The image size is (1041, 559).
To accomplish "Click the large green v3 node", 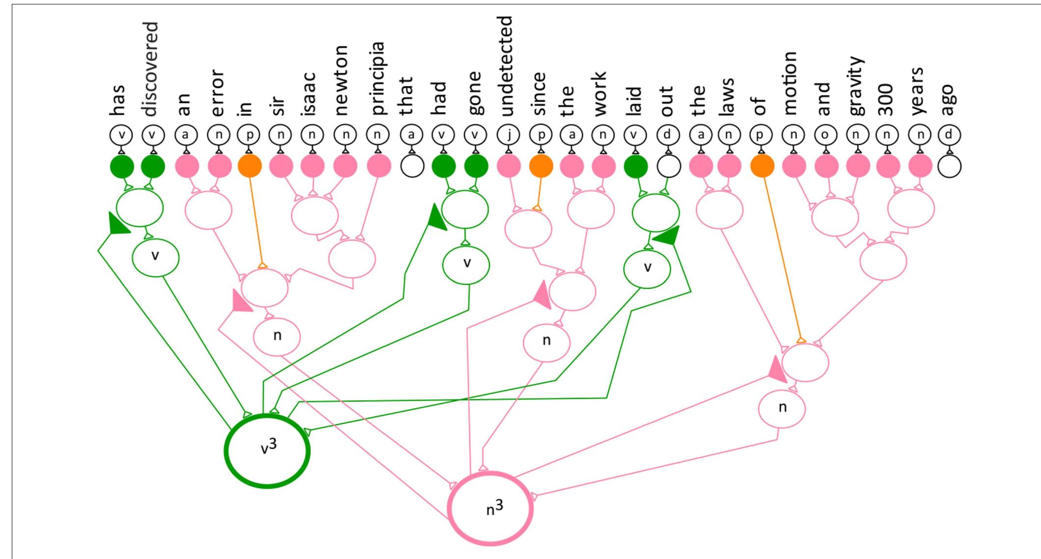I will click(x=267, y=451).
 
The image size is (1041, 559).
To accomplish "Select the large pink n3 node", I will click(x=491, y=508).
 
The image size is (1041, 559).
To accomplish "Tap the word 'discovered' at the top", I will click(x=152, y=69).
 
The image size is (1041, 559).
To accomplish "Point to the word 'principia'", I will click(x=378, y=79).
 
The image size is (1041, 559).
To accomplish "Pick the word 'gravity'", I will click(x=857, y=86).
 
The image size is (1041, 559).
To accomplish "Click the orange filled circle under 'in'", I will click(x=249, y=166).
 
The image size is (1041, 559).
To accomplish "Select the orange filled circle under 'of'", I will click(x=762, y=166).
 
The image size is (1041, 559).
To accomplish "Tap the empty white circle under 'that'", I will click(x=412, y=166).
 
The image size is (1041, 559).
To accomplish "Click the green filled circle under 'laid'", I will click(x=635, y=166).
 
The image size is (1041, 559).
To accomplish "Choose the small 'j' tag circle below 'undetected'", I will click(x=508, y=134).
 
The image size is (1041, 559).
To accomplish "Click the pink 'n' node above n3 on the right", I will click(x=782, y=408).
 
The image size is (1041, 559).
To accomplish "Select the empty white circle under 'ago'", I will click(x=949, y=166).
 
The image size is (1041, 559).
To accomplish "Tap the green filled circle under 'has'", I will click(x=121, y=166).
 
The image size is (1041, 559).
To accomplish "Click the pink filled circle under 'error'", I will click(x=219, y=166).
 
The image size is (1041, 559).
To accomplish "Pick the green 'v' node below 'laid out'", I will click(x=647, y=268).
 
